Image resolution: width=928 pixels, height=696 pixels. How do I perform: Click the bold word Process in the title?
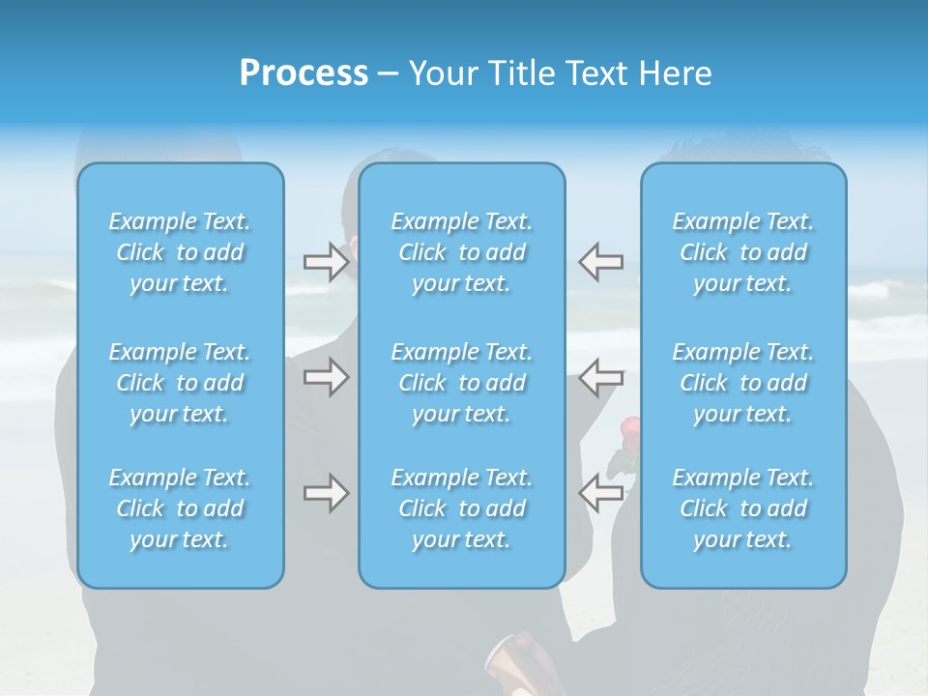pos(304,73)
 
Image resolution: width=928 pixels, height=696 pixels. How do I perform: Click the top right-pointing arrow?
pos(326,262)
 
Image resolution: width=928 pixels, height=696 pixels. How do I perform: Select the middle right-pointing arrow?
pos(326,377)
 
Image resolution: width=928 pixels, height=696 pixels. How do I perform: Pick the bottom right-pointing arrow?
pos(326,493)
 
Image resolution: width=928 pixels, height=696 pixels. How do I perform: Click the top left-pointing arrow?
pos(600,262)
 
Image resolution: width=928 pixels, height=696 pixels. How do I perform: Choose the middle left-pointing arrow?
pos(600,377)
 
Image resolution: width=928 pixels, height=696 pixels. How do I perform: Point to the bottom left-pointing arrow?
pos(600,493)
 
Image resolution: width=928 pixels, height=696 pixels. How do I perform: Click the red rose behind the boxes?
pos(629,426)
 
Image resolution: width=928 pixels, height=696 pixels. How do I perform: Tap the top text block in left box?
pos(180,252)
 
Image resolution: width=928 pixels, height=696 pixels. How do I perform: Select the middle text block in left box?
pos(180,383)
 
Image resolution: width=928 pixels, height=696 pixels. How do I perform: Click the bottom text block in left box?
pos(180,508)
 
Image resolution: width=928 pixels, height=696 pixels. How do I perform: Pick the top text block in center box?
pos(462,252)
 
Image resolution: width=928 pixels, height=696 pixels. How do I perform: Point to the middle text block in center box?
pos(462,383)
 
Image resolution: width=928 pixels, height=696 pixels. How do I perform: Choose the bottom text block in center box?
pos(462,508)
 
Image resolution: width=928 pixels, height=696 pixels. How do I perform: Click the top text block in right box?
pos(743,252)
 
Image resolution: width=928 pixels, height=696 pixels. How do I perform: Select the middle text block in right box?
pos(743,383)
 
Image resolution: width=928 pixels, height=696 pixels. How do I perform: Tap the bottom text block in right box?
pos(743,508)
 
